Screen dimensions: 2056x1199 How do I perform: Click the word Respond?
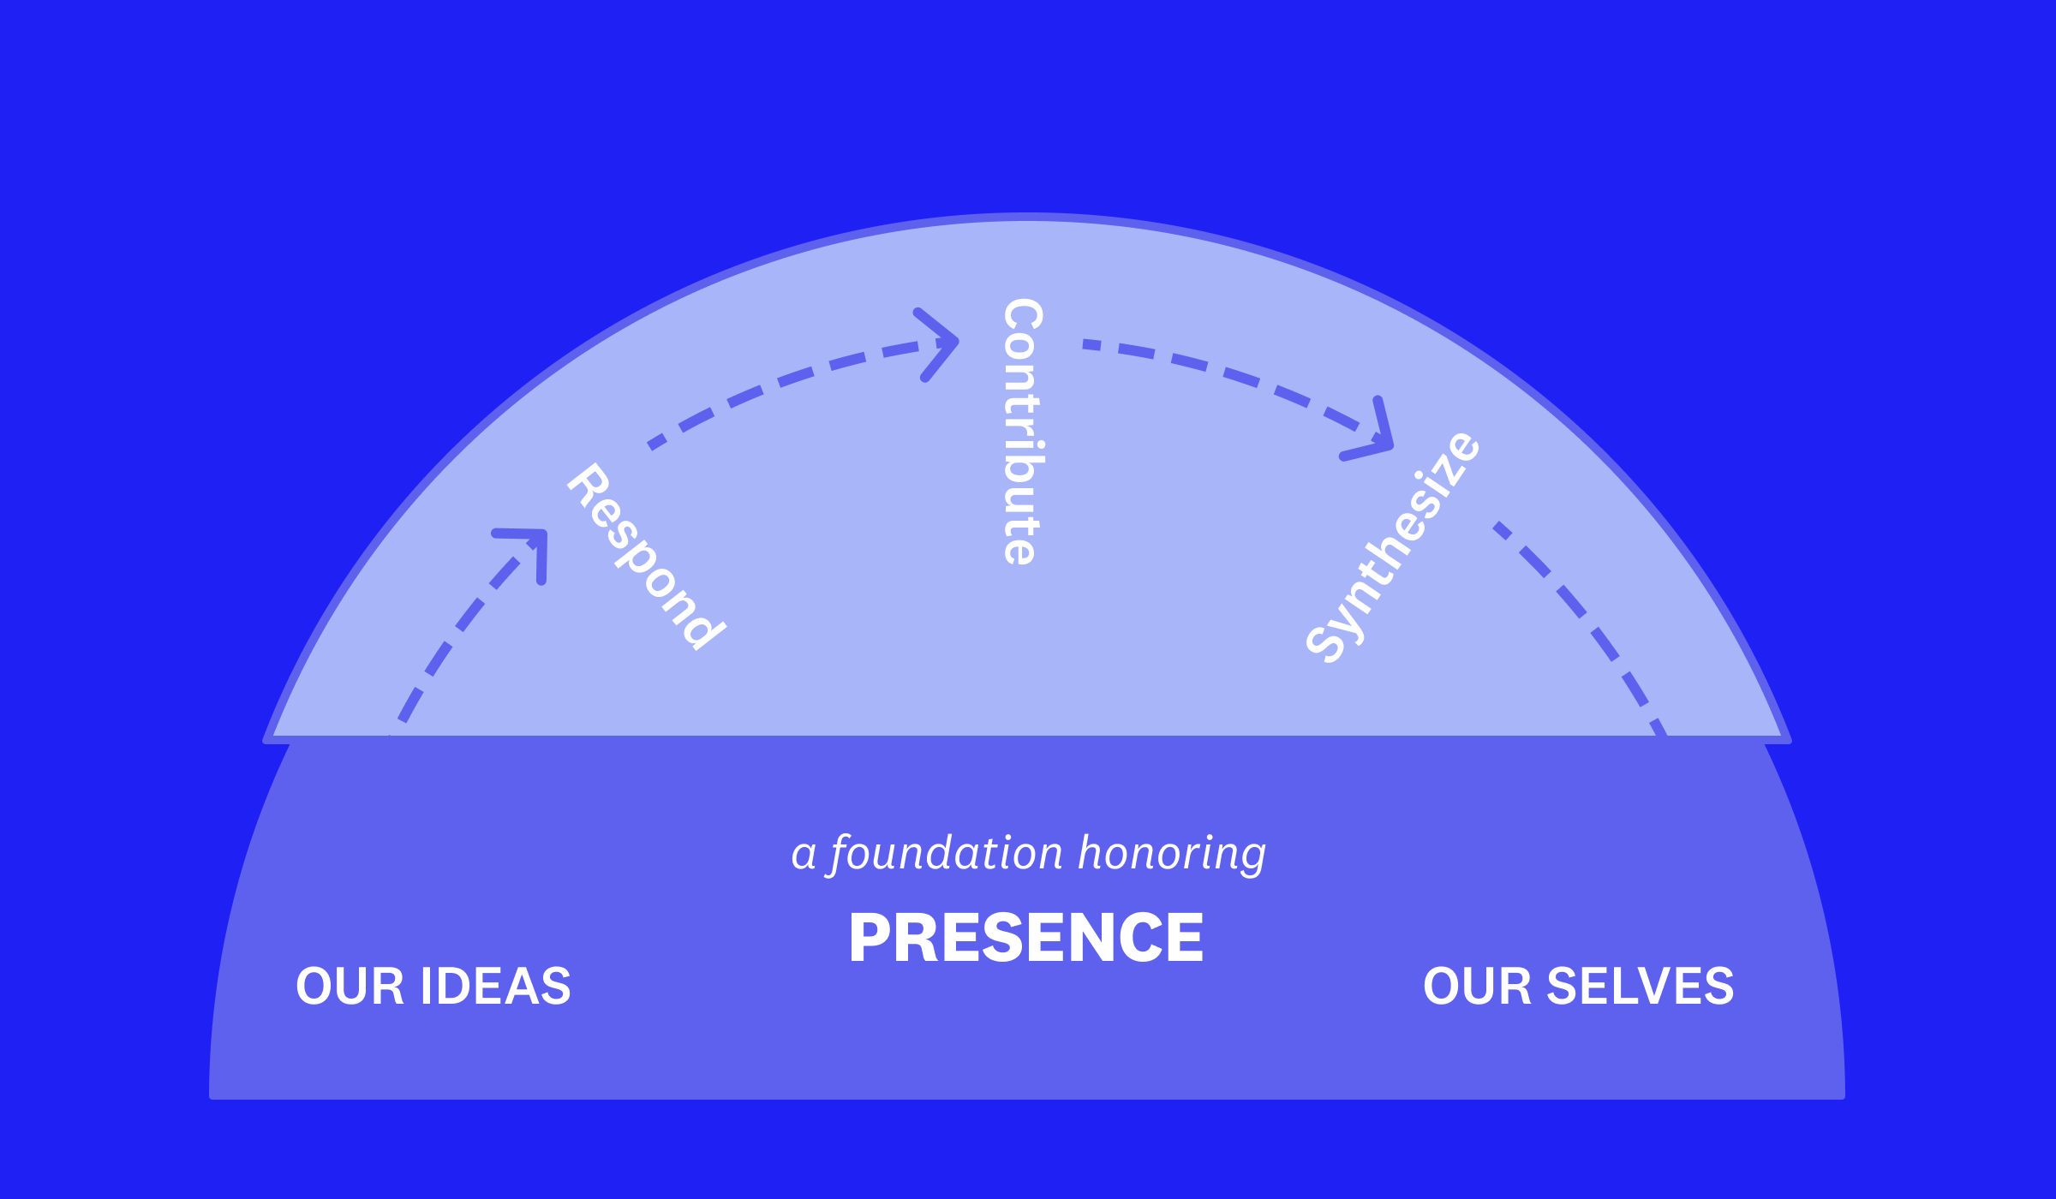[x=647, y=557]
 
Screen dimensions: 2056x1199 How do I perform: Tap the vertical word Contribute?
[x=1023, y=432]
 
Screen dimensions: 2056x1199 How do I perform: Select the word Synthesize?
[x=1393, y=547]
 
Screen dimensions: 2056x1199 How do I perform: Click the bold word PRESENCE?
[x=1026, y=938]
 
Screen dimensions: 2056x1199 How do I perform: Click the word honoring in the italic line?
[x=1172, y=855]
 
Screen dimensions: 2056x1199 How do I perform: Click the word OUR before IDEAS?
[x=350, y=986]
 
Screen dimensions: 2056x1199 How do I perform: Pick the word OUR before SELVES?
[x=1477, y=986]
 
